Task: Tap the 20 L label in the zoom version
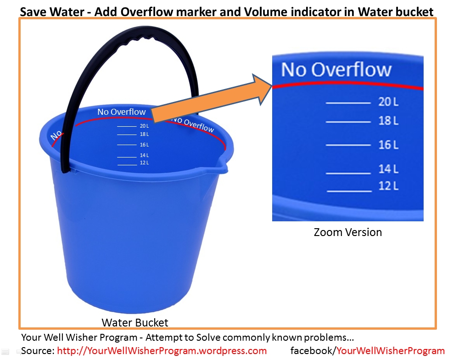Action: pos(388,101)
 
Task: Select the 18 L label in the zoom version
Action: pos(388,121)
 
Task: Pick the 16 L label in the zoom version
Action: pos(388,145)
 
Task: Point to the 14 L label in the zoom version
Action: pos(388,169)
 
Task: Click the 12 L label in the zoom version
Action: pos(388,186)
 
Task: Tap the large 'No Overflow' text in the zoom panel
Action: pos(336,70)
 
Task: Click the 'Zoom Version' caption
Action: pos(347,232)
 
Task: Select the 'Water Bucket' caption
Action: pos(135,322)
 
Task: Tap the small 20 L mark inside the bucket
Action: pos(144,126)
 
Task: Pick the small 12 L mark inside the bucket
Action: pos(144,163)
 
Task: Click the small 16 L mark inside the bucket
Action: pos(144,145)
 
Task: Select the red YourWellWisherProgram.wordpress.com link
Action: pos(162,351)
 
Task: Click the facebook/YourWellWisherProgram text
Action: pos(368,351)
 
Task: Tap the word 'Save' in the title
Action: pos(34,11)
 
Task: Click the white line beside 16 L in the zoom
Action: pos(348,145)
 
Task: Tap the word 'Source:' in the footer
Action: pos(38,351)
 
